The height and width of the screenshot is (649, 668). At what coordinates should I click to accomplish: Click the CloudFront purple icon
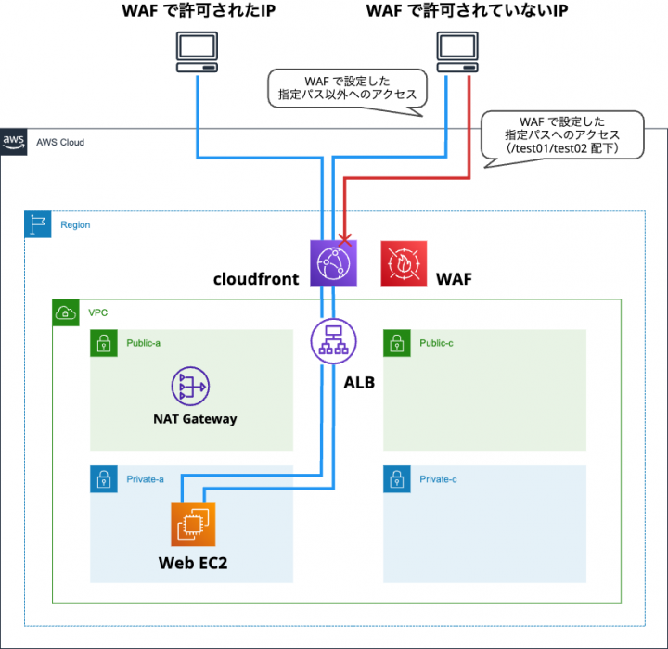pos(332,262)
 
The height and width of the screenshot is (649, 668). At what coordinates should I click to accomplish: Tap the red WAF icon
pos(404,263)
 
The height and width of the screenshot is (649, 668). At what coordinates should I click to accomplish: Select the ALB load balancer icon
pos(332,342)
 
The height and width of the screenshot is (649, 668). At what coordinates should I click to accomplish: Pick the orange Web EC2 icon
pos(193,524)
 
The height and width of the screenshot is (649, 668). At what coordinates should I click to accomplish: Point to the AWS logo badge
pos(13,142)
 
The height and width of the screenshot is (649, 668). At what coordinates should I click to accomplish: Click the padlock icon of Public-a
pos(103,343)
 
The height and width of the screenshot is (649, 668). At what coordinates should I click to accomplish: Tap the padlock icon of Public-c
pos(396,343)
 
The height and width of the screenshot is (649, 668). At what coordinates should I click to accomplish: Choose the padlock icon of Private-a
pos(103,479)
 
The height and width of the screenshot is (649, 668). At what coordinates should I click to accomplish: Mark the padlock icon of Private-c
pos(396,479)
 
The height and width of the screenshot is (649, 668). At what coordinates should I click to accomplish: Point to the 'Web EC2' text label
pos(193,562)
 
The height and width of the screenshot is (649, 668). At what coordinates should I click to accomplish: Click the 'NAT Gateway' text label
pos(195,418)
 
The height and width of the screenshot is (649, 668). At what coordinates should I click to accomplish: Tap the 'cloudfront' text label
pos(255,278)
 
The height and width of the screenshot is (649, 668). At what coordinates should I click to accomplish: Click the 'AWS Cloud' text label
pos(60,142)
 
